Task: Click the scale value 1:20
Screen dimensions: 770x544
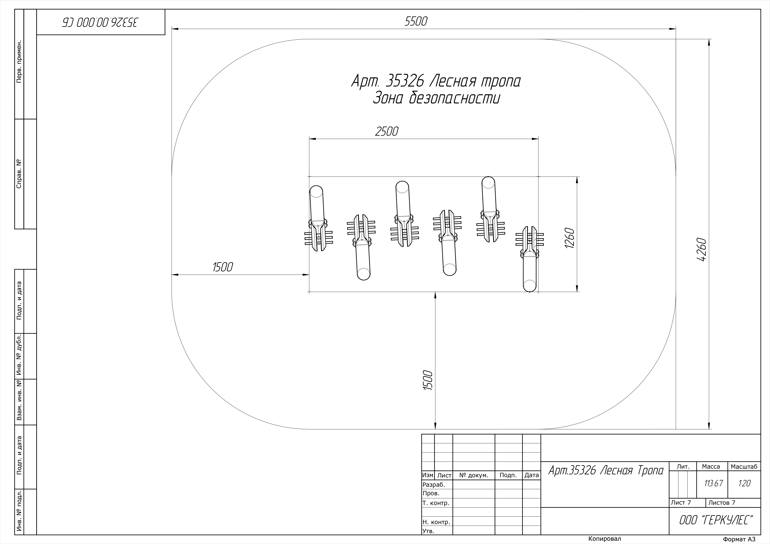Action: pyautogui.click(x=744, y=483)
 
